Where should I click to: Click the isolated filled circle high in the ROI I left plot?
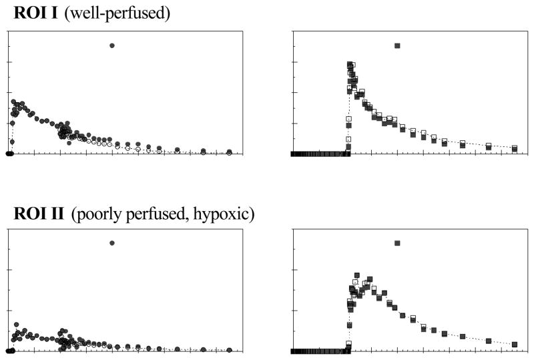(x=112, y=45)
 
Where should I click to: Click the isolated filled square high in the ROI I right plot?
(x=397, y=45)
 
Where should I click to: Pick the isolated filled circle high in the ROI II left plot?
(x=112, y=243)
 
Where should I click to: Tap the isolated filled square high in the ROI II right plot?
(x=397, y=243)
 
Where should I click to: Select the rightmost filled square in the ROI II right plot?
(x=515, y=345)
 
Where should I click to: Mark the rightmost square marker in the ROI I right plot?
(x=515, y=148)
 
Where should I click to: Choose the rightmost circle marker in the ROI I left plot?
(x=229, y=152)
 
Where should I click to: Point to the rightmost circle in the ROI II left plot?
(x=229, y=349)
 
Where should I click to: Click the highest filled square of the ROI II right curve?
(x=357, y=275)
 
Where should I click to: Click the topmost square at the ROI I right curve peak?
(x=350, y=64)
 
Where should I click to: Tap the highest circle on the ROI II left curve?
(x=16, y=325)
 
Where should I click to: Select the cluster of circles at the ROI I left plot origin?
(x=10, y=154)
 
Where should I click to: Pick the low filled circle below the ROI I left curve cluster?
(x=69, y=143)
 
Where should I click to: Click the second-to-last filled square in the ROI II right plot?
(x=489, y=341)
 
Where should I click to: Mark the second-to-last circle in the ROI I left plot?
(x=204, y=152)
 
